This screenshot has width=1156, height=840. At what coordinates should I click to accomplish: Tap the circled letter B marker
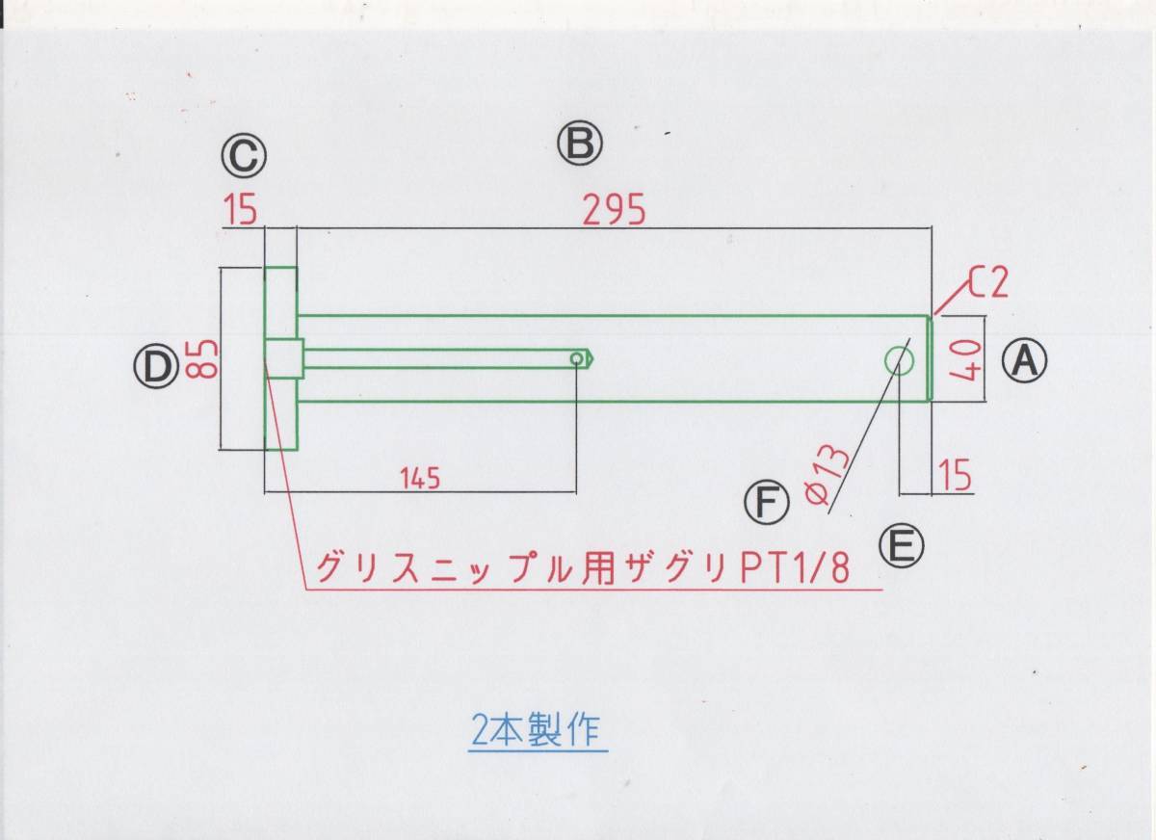(579, 144)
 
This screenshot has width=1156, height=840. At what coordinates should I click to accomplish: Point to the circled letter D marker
(155, 366)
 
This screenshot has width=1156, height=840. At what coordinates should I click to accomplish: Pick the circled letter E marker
(901, 546)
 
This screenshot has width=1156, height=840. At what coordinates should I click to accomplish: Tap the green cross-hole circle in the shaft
(900, 360)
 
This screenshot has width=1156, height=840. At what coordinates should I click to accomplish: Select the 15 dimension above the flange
(242, 209)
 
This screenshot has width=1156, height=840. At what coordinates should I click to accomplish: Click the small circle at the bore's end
(577, 359)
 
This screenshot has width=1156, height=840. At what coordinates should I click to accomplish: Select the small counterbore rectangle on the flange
(283, 358)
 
